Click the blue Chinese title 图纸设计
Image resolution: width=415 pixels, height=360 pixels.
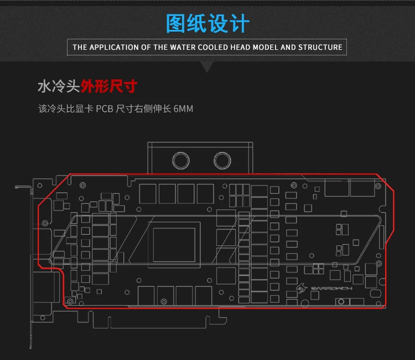[207, 23]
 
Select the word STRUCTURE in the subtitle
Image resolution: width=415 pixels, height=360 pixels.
[320, 47]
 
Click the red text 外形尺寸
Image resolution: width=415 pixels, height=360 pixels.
[109, 86]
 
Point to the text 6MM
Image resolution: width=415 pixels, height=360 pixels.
[183, 109]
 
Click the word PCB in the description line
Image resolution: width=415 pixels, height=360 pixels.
[104, 109]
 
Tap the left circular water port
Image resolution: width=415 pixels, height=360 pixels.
[181, 161]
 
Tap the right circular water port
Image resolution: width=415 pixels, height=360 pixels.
[222, 161]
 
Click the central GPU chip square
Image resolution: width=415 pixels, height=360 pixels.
[174, 245]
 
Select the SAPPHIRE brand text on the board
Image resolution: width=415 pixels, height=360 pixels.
[331, 288]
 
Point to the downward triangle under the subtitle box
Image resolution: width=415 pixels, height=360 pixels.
[207, 67]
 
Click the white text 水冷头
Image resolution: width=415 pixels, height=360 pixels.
[59, 86]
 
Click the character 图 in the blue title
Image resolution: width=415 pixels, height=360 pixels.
[175, 23]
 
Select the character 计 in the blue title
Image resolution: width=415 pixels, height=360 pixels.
[240, 23]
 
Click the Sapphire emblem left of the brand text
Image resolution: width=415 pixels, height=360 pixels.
[302, 288]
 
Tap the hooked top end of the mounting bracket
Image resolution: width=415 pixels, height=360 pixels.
[17, 187]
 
